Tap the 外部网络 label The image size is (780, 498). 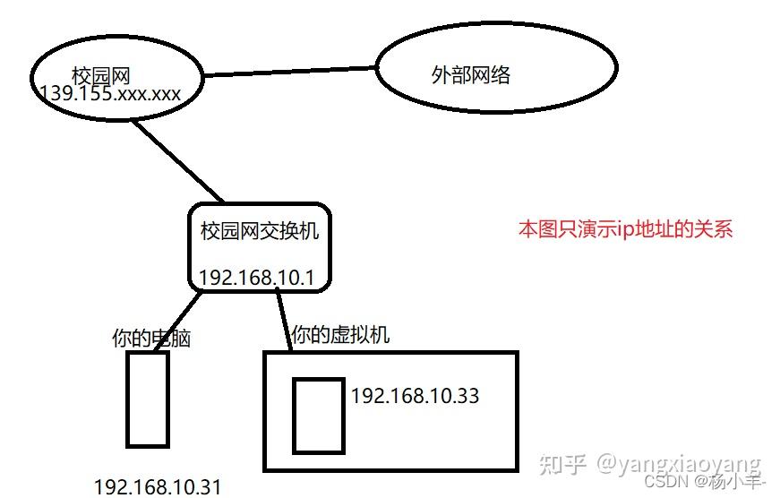[470, 75]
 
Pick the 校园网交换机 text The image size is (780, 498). [260, 231]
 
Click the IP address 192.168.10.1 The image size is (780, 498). [256, 278]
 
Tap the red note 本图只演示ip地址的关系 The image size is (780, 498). [626, 228]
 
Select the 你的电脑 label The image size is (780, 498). [151, 339]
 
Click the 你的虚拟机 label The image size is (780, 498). [340, 336]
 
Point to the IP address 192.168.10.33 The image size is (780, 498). [415, 395]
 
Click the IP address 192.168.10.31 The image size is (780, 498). [157, 486]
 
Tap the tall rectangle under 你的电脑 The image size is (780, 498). [148, 399]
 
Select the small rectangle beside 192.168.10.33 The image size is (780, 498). [319, 416]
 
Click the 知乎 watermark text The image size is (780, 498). [566, 464]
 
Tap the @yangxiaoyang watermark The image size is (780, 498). [679, 464]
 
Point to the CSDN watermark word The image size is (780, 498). [664, 480]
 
